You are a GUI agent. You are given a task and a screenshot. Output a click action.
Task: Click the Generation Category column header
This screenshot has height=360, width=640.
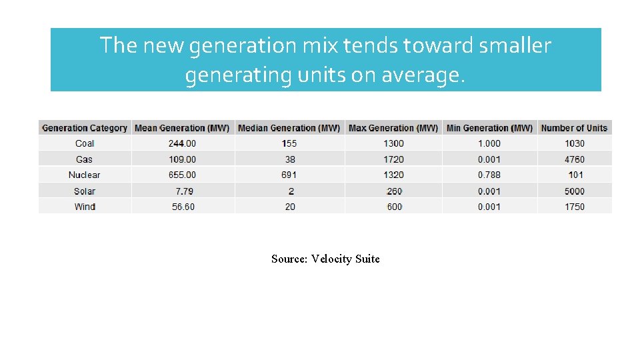pyautogui.click(x=85, y=128)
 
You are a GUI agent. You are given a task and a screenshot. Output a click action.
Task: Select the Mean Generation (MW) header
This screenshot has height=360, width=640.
pyautogui.click(x=182, y=128)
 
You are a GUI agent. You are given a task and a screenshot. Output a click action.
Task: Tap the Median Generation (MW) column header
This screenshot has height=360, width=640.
pyautogui.click(x=289, y=128)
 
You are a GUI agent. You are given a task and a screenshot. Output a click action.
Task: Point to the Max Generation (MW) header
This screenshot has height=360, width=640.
pyautogui.click(x=393, y=128)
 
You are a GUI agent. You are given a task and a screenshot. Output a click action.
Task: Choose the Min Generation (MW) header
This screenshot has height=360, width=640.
pyautogui.click(x=489, y=128)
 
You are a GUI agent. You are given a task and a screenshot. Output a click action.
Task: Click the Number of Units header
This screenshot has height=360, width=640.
pyautogui.click(x=574, y=128)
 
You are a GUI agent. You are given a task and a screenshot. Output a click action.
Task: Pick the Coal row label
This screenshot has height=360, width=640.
pyautogui.click(x=85, y=143)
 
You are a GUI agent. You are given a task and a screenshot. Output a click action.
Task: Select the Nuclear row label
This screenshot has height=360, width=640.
pyautogui.click(x=85, y=175)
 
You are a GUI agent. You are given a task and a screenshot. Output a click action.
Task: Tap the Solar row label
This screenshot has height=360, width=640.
pyautogui.click(x=85, y=191)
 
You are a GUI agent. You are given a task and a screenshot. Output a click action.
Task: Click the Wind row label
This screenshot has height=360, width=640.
pyautogui.click(x=85, y=207)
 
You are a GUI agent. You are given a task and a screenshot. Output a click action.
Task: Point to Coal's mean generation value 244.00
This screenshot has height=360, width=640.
pyautogui.click(x=182, y=143)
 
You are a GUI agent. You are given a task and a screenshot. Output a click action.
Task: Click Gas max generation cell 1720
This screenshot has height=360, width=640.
pyautogui.click(x=394, y=159)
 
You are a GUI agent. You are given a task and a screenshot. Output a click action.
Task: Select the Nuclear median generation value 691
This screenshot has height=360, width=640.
pyautogui.click(x=289, y=175)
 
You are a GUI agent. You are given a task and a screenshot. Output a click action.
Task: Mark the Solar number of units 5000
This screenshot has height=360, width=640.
pyautogui.click(x=574, y=191)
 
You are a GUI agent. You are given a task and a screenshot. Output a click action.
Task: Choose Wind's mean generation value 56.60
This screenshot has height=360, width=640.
pyautogui.click(x=183, y=207)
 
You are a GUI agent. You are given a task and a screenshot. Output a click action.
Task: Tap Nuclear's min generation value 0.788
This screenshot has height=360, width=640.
pyautogui.click(x=489, y=175)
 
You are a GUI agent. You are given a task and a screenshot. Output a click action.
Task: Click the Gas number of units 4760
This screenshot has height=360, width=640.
pyautogui.click(x=574, y=159)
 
